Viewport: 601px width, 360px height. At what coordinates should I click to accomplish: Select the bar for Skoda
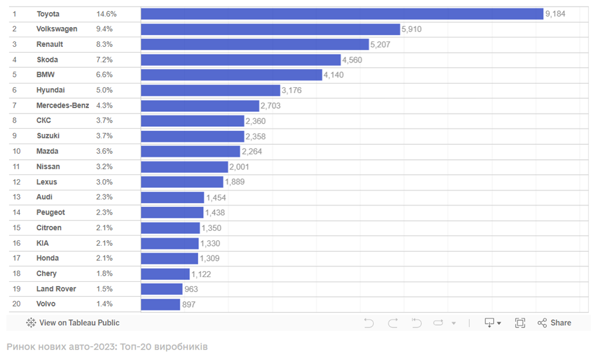240,59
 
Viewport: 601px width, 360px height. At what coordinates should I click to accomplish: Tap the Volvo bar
160,304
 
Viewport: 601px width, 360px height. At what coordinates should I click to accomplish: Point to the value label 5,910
411,29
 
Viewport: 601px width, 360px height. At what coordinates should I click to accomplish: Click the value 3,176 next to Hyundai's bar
291,90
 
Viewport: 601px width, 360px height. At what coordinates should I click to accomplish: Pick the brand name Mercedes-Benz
63,105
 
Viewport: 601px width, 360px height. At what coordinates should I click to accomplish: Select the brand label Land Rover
56,288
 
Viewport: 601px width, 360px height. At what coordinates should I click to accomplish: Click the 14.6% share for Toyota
106,14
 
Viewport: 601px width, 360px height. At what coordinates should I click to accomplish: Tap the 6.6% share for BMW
104,75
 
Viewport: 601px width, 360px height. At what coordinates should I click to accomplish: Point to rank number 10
16,151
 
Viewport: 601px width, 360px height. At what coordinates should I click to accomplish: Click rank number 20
16,304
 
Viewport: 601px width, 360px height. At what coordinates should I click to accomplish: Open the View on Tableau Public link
73,323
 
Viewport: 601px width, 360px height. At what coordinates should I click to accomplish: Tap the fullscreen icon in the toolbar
520,323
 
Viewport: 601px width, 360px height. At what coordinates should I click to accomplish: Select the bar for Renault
255,44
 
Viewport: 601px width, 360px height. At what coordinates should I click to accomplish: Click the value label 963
191,289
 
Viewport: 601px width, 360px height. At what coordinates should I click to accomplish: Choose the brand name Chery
46,273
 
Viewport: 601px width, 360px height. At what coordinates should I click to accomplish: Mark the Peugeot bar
172,212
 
